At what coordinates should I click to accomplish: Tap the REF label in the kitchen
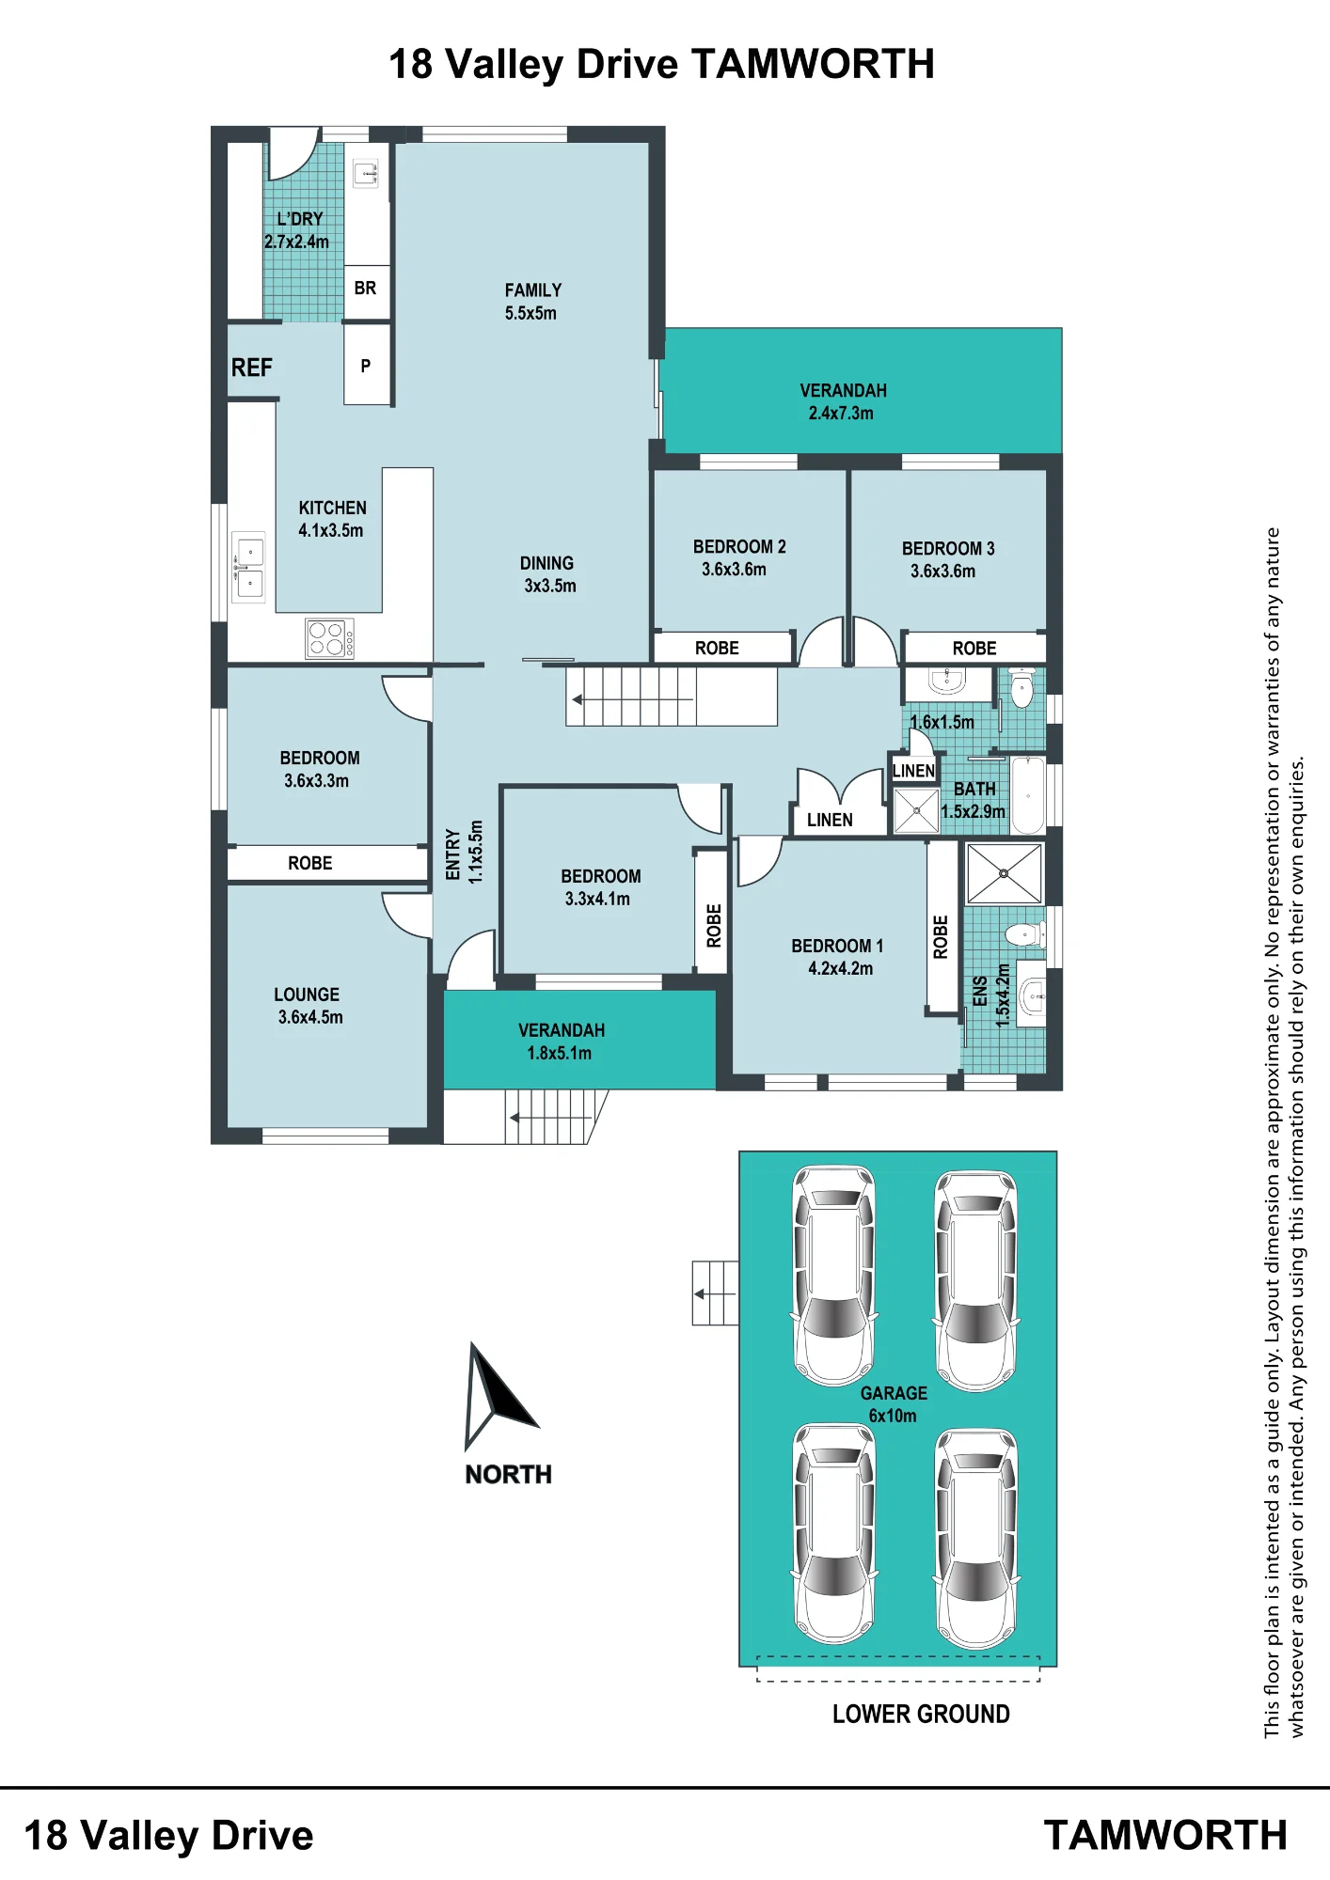(252, 368)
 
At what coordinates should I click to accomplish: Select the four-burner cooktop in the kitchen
(330, 638)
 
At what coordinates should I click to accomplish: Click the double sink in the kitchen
(249, 567)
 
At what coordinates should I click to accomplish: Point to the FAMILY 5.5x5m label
(532, 302)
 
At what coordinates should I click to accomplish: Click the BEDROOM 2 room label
(739, 547)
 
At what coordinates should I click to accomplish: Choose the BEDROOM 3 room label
(948, 549)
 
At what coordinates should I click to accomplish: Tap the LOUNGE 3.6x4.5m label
(309, 1006)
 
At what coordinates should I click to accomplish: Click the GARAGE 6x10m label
(894, 1404)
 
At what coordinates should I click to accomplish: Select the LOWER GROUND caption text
(921, 1715)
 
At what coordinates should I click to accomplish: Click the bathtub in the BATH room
(1028, 795)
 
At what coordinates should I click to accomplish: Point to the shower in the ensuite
(1004, 873)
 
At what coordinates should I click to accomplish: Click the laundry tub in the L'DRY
(366, 174)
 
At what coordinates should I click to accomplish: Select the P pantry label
(366, 366)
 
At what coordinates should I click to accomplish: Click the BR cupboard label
(366, 289)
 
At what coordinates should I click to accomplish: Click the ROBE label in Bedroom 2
(717, 649)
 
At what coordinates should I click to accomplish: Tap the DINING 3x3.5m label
(548, 574)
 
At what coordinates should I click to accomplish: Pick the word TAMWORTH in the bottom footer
(1165, 1836)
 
